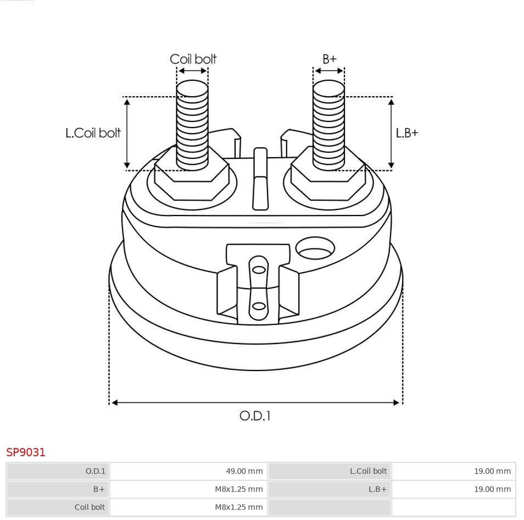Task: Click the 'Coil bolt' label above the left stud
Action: click(x=193, y=59)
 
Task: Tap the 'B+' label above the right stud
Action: click(x=329, y=59)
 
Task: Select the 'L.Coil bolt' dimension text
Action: click(x=93, y=133)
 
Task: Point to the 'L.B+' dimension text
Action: click(x=407, y=133)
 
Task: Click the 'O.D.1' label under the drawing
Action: click(x=255, y=416)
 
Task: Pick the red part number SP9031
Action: click(x=26, y=452)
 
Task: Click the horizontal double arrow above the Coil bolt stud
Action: click(x=193, y=71)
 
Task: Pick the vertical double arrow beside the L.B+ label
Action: click(x=391, y=133)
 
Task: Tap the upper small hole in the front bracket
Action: click(x=258, y=269)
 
